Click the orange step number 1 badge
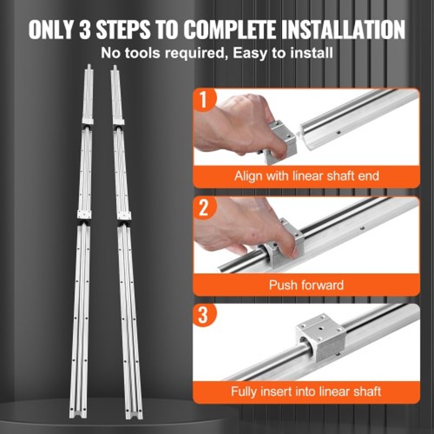(x=204, y=101)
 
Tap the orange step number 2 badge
(x=204, y=209)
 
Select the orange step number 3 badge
(x=204, y=316)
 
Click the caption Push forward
(x=306, y=284)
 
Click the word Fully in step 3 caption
(x=245, y=391)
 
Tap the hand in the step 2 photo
(x=233, y=225)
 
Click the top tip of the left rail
(x=87, y=68)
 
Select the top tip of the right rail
(x=114, y=68)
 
